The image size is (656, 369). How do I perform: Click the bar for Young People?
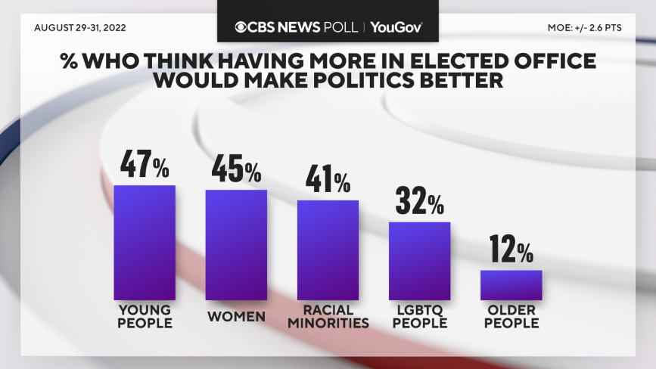pos(145,242)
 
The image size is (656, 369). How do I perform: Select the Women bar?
pos(236,244)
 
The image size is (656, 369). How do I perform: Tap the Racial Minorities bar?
pos(328,250)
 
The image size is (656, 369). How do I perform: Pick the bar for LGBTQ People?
pos(419,261)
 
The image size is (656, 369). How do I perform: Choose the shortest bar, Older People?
pos(511,284)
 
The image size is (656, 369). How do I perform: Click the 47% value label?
pos(145,166)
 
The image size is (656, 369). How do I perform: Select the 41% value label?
pos(328,181)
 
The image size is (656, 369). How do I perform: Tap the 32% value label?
pos(419,203)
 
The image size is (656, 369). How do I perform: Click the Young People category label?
pos(145,316)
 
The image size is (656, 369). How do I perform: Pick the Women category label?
pos(236,317)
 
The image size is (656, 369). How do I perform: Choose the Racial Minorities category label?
pos(328,316)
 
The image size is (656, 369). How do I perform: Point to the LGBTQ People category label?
pos(419,316)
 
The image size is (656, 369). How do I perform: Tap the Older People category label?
pos(511,316)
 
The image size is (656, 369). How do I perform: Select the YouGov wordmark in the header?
pos(396,27)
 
